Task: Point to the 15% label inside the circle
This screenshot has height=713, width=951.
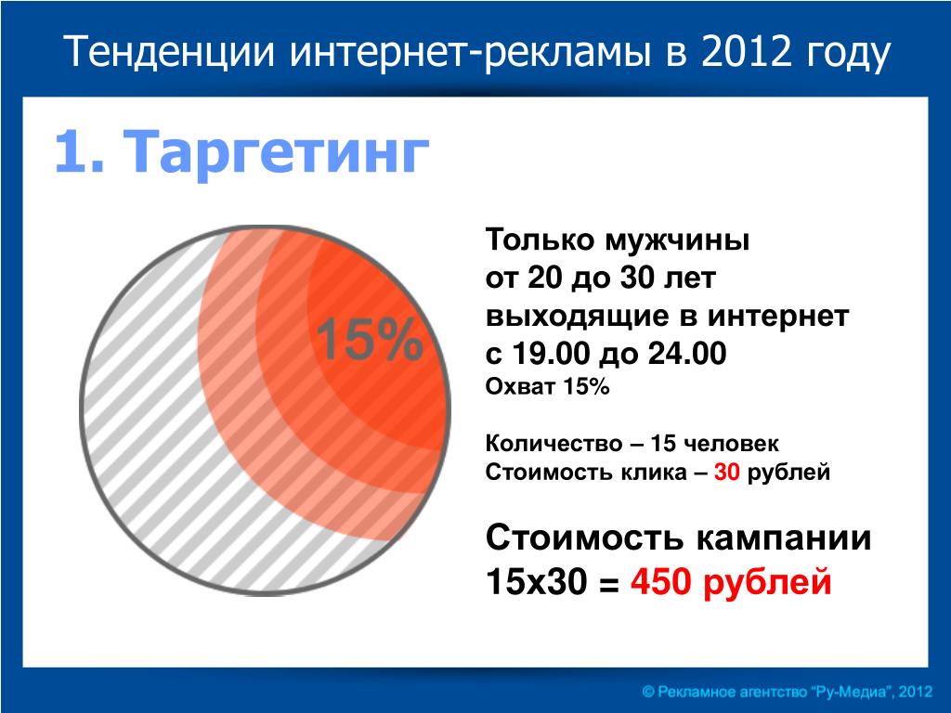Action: [370, 340]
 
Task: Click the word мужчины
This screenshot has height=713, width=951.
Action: [677, 240]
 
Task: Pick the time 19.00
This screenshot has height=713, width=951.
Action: [552, 354]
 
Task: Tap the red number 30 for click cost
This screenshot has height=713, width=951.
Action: [726, 472]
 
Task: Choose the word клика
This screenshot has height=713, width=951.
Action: [653, 473]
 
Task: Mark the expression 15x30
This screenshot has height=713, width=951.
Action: [537, 582]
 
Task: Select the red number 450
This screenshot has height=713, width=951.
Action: [661, 582]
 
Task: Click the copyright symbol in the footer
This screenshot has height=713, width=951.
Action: [649, 692]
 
